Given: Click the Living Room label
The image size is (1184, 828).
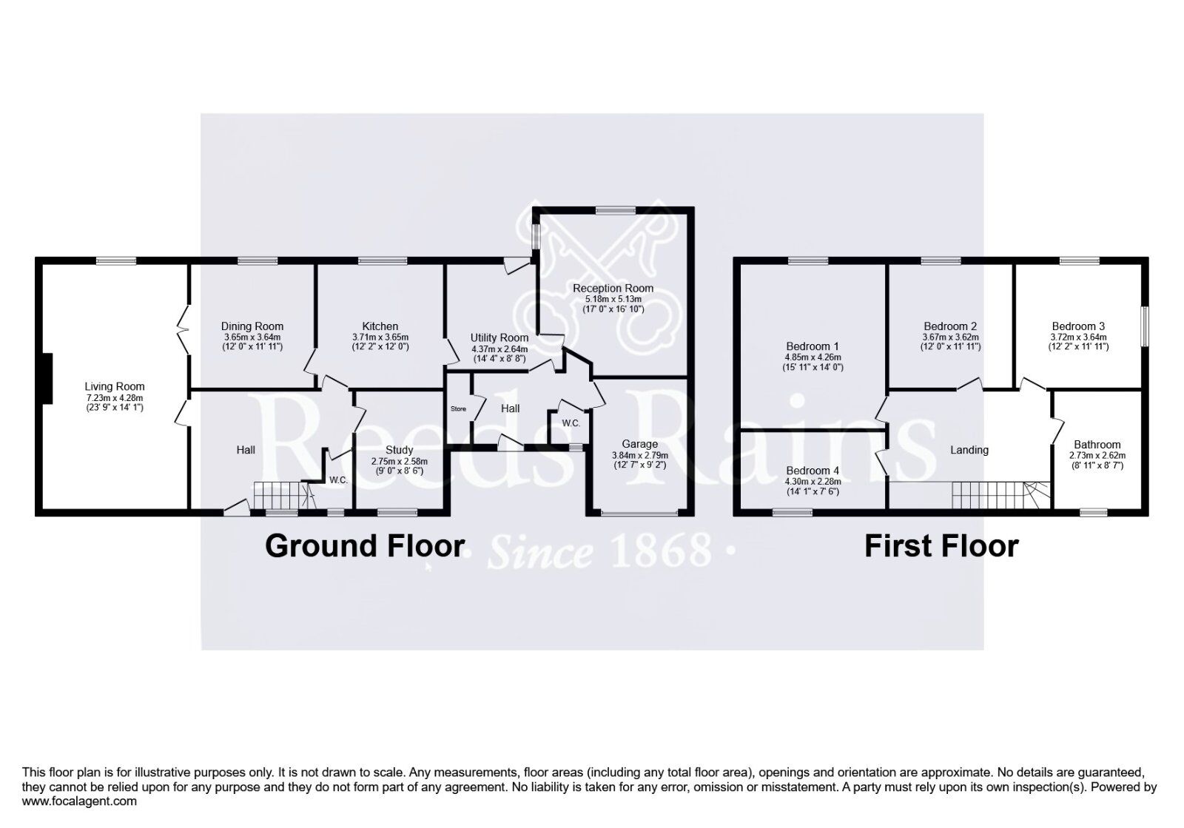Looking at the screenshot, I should click(x=115, y=386).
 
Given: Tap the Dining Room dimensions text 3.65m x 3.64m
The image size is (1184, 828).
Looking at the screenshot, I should click(x=252, y=337).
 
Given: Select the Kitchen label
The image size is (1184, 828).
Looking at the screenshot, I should click(x=380, y=326).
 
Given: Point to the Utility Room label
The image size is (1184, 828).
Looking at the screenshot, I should click(x=499, y=337).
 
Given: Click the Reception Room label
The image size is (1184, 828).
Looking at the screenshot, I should click(x=613, y=288).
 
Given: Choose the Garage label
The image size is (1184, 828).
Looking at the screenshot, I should click(x=639, y=445).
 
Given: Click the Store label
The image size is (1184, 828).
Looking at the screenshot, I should click(x=459, y=408).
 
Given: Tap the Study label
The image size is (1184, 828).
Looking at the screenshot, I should click(x=400, y=450).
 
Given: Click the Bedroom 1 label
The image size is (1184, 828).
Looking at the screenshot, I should click(x=813, y=346).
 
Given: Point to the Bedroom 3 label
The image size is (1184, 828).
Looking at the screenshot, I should click(x=1078, y=326).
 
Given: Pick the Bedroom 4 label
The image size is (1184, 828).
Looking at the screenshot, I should click(x=813, y=471).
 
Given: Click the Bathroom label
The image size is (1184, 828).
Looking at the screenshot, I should click(x=1097, y=445).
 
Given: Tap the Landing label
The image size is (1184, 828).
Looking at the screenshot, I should click(x=969, y=450).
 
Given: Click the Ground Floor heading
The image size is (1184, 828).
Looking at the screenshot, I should click(x=365, y=546).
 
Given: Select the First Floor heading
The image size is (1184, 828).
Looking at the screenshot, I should click(x=941, y=546).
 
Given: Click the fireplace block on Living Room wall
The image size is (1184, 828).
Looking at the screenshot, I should click(x=46, y=379).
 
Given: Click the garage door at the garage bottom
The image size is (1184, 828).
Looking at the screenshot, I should click(x=639, y=512).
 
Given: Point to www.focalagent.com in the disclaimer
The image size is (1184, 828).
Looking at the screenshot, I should click(x=79, y=801).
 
